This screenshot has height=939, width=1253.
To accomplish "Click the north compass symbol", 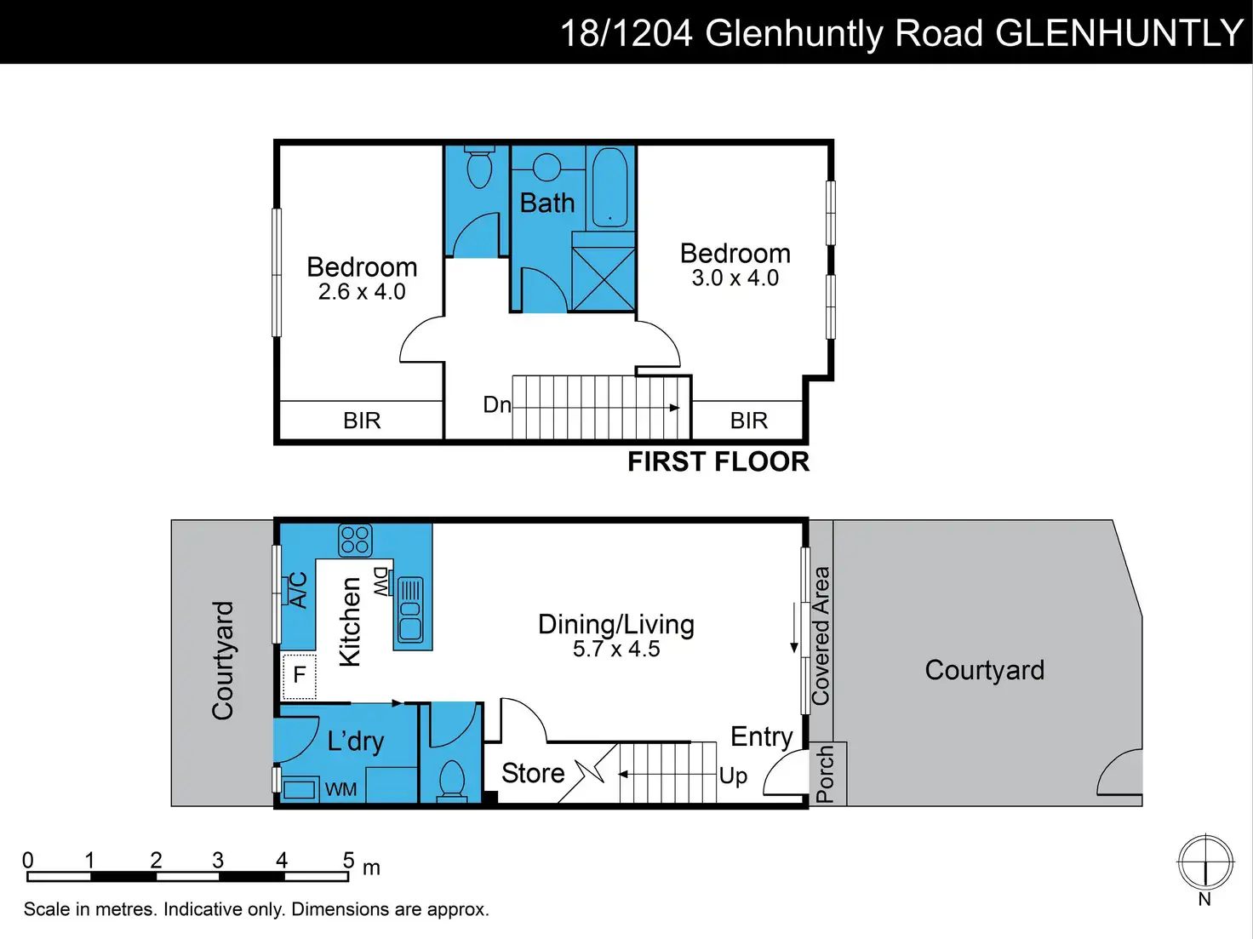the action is [1205, 862].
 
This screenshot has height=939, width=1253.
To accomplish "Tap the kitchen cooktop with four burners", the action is [355, 540].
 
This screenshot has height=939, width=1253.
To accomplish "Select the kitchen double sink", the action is [410, 610].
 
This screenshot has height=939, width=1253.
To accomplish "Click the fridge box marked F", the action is [299, 676].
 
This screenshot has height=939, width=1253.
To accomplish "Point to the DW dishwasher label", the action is [380, 582].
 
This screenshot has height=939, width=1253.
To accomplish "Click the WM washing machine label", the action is [340, 789].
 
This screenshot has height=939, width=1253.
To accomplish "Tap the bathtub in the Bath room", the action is [610, 188].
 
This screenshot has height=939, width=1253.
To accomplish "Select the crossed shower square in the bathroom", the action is [604, 278].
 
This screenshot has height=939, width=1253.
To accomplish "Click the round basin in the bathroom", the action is [546, 168].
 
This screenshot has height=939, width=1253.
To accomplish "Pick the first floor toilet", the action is [479, 166].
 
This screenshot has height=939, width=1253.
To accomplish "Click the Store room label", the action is [533, 774].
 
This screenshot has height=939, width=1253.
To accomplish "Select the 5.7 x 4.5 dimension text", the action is [616, 649].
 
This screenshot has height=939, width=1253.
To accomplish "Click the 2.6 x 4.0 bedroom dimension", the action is [362, 292].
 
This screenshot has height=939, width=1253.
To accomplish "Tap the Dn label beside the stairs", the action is [496, 404].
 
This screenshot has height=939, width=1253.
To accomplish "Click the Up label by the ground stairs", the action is [734, 776].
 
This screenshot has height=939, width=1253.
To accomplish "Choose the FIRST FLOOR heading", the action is [718, 461].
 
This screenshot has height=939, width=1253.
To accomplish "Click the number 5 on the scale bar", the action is [349, 860].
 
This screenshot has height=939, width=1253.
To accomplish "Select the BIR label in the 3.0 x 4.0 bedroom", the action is [748, 421].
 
